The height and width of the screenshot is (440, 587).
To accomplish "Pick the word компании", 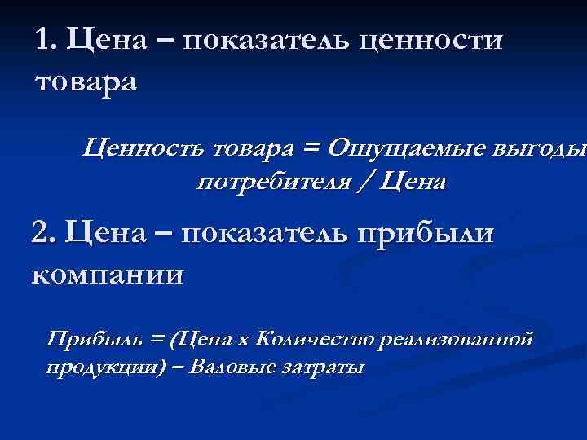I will pos(108,272).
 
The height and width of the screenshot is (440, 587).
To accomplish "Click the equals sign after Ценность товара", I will pos(309,148).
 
